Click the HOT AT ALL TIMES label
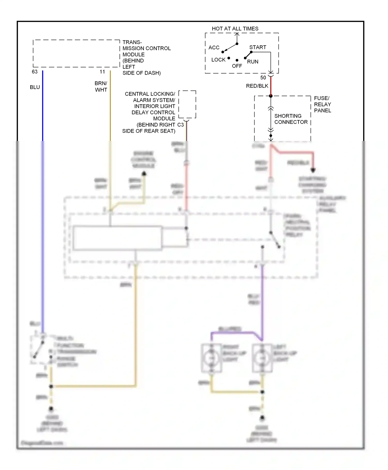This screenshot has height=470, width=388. click(235, 29)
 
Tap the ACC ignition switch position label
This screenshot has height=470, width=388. click(214, 47)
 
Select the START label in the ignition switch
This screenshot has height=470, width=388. click(257, 47)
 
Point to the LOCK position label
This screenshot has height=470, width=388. click(218, 60)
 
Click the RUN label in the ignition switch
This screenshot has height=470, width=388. click(252, 62)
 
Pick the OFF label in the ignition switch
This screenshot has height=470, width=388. click(237, 66)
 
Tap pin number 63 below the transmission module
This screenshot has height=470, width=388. click(35, 72)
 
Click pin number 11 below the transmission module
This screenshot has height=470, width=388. click(102, 72)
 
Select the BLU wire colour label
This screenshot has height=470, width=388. click(35, 87)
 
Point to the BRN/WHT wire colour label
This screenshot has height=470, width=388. click(101, 87)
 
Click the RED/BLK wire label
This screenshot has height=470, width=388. click(257, 86)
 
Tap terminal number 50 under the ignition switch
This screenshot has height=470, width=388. click(263, 77)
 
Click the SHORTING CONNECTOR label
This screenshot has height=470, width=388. click(291, 119)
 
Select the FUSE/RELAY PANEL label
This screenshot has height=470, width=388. click(322, 104)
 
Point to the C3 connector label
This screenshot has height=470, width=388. click(180, 125)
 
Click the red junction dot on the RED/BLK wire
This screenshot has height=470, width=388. click(271, 96)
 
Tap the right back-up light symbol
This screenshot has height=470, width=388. click(211, 358)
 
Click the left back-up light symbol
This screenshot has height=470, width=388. click(262, 358)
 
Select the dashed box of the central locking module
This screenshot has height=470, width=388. click(187, 104)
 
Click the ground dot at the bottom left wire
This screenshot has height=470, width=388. click(51, 409)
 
